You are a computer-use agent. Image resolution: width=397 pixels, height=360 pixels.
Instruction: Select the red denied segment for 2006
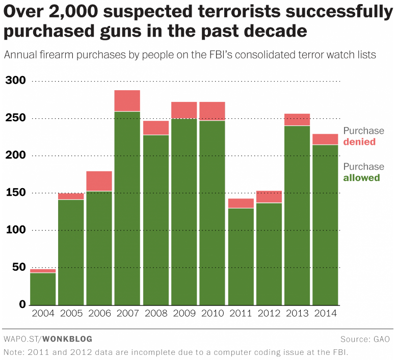click(x=99, y=181)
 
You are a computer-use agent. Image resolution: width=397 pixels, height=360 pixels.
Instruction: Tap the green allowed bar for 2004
click(x=43, y=288)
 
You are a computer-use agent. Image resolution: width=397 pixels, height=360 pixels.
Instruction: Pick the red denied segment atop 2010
click(x=212, y=111)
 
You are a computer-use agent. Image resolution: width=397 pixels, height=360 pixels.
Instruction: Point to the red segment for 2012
click(x=269, y=197)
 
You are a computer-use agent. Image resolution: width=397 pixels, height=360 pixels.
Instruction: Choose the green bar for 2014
click(x=325, y=224)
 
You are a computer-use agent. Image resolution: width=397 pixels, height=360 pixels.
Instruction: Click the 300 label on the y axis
click(x=15, y=81)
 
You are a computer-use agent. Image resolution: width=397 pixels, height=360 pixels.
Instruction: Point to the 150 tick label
click(x=15, y=193)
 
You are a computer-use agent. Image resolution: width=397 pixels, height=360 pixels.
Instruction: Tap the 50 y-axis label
click(x=18, y=267)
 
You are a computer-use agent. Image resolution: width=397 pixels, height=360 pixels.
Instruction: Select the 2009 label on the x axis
click(x=184, y=313)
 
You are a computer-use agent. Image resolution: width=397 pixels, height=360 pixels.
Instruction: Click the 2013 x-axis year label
click(x=297, y=313)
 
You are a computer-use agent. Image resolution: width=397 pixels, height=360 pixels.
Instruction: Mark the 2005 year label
click(x=71, y=313)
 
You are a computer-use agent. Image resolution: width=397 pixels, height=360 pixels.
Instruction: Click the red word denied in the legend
click(x=359, y=142)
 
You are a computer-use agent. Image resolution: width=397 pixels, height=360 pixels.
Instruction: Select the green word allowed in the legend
click(x=361, y=177)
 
